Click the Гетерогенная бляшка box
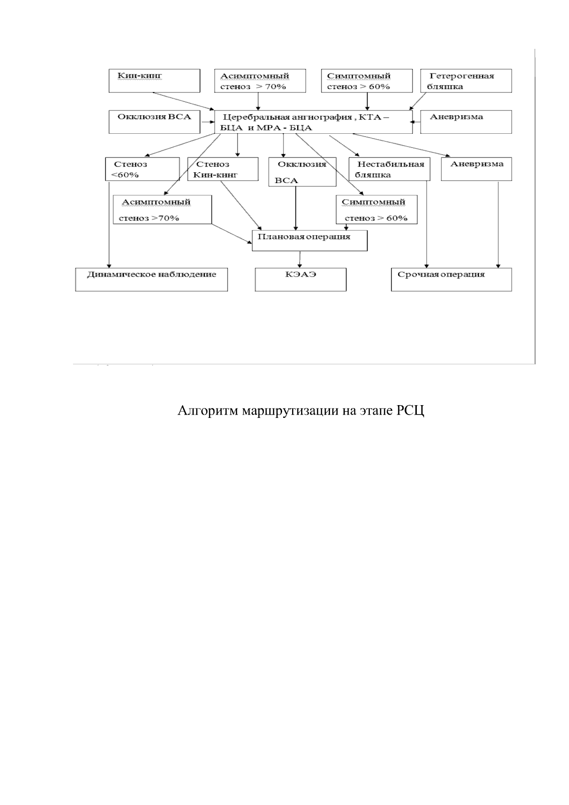[x=466, y=81]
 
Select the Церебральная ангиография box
[x=313, y=122]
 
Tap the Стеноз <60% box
[x=142, y=169]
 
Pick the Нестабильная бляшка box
[x=389, y=169]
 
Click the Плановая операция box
[x=309, y=241]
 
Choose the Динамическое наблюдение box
[x=151, y=279]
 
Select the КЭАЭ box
[x=301, y=279]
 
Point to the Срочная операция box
[x=451, y=279]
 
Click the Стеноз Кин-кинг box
[x=223, y=169]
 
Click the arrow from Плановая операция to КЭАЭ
[x=300, y=259]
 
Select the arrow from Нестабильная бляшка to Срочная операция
[x=427, y=223]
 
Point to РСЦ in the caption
[x=410, y=411]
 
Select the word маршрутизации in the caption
[x=287, y=411]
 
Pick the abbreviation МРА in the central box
[x=269, y=128]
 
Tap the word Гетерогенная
[x=462, y=76]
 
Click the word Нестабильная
[x=390, y=165]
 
